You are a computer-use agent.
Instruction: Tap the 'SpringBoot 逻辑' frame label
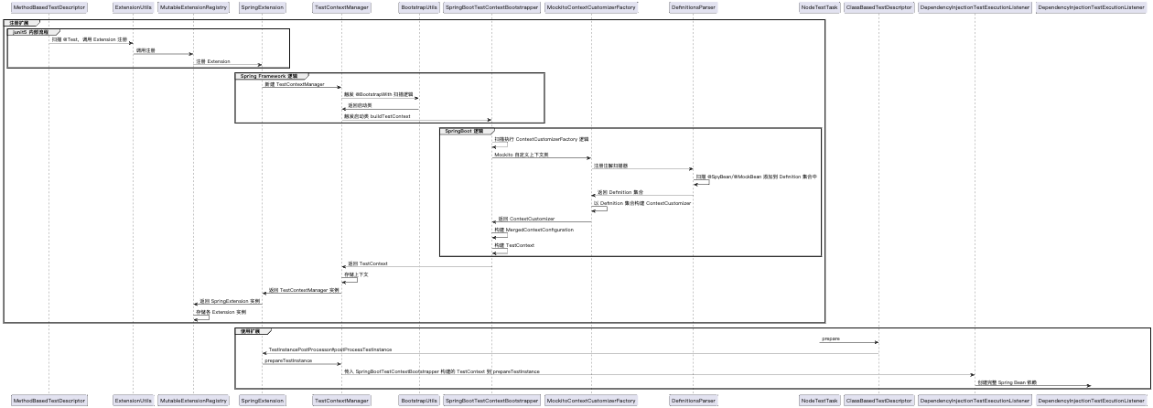[465, 131]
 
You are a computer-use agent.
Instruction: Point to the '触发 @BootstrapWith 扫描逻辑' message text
[378, 94]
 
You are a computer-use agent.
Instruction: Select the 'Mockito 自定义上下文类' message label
[522, 155]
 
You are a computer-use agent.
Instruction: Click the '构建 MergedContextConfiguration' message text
[534, 230]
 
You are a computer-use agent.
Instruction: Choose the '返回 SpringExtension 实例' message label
[230, 301]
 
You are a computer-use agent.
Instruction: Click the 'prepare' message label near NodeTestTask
[831, 338]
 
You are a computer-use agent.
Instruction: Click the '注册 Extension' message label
[213, 61]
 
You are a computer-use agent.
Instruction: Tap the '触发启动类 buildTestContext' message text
[377, 116]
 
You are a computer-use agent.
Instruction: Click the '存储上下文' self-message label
[356, 274]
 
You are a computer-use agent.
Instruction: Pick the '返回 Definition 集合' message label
[620, 192]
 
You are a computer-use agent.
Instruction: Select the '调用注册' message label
[146, 50]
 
